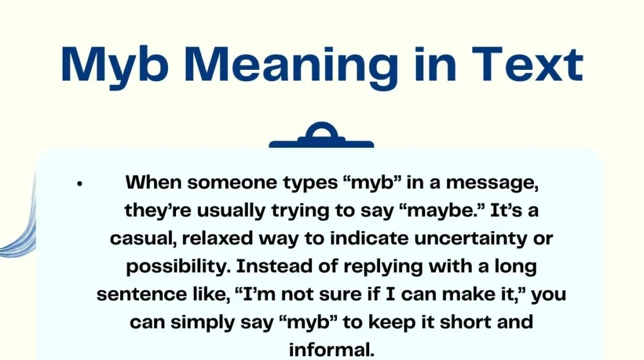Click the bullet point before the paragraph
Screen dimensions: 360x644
click(79, 184)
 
